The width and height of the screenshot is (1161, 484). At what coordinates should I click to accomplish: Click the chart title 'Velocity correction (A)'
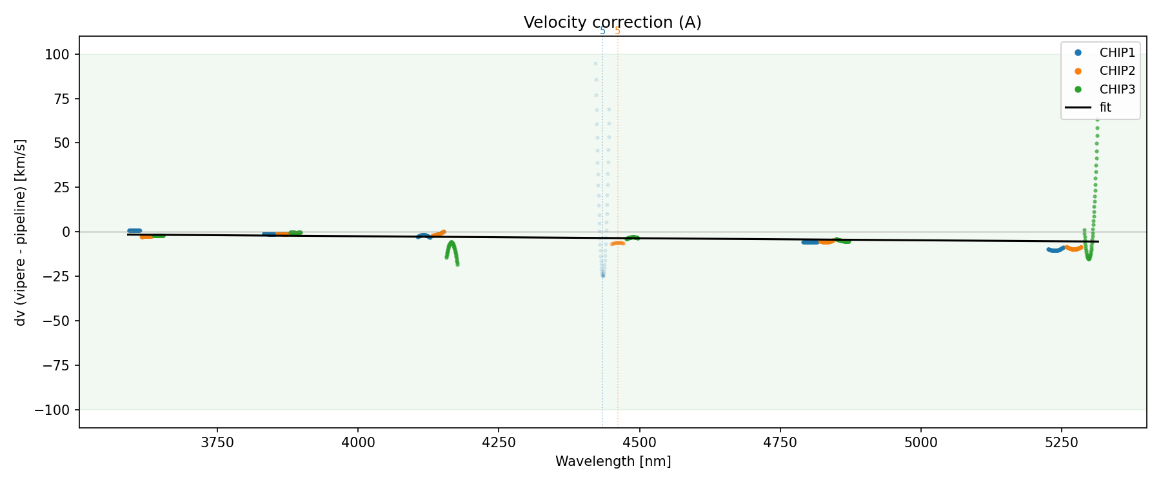pos(612,23)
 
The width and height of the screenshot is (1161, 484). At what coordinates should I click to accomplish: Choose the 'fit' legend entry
pos(1105,108)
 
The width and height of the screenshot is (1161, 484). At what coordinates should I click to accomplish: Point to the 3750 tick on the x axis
pos(217,443)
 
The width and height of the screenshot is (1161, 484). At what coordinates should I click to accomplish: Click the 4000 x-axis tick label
pos(358,443)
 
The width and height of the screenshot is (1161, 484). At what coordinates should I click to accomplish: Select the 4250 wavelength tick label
pos(499,443)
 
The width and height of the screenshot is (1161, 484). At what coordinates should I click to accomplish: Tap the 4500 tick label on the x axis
pos(639,443)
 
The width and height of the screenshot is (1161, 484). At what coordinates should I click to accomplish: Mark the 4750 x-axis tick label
pos(780,443)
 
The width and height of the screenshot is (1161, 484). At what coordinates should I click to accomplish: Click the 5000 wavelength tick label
pos(920,443)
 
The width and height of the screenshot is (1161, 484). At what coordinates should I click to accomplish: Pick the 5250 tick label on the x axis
pos(1061,443)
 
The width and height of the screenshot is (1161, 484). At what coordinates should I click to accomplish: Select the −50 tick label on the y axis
pos(59,321)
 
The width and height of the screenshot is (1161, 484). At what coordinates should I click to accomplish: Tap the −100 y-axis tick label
pos(56,410)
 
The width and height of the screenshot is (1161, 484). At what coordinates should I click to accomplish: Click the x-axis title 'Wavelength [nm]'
pos(613,461)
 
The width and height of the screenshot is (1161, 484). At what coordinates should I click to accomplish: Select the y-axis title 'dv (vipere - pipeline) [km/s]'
pos(21,232)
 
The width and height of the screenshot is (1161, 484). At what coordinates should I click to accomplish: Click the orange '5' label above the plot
pos(617,31)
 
